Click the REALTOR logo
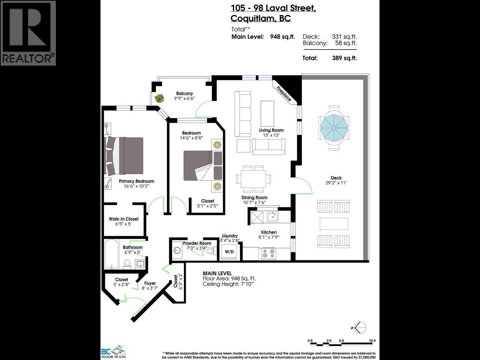pos(28,33)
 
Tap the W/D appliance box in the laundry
pos(229,252)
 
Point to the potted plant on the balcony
pos(159,99)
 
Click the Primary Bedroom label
pos(136,181)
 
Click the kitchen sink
pos(272,216)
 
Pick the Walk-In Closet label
pos(124,219)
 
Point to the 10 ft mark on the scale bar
pos(372,340)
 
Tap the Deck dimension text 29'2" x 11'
pos(336,183)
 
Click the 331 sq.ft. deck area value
pos(344,36)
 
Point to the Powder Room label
pos(197,243)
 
